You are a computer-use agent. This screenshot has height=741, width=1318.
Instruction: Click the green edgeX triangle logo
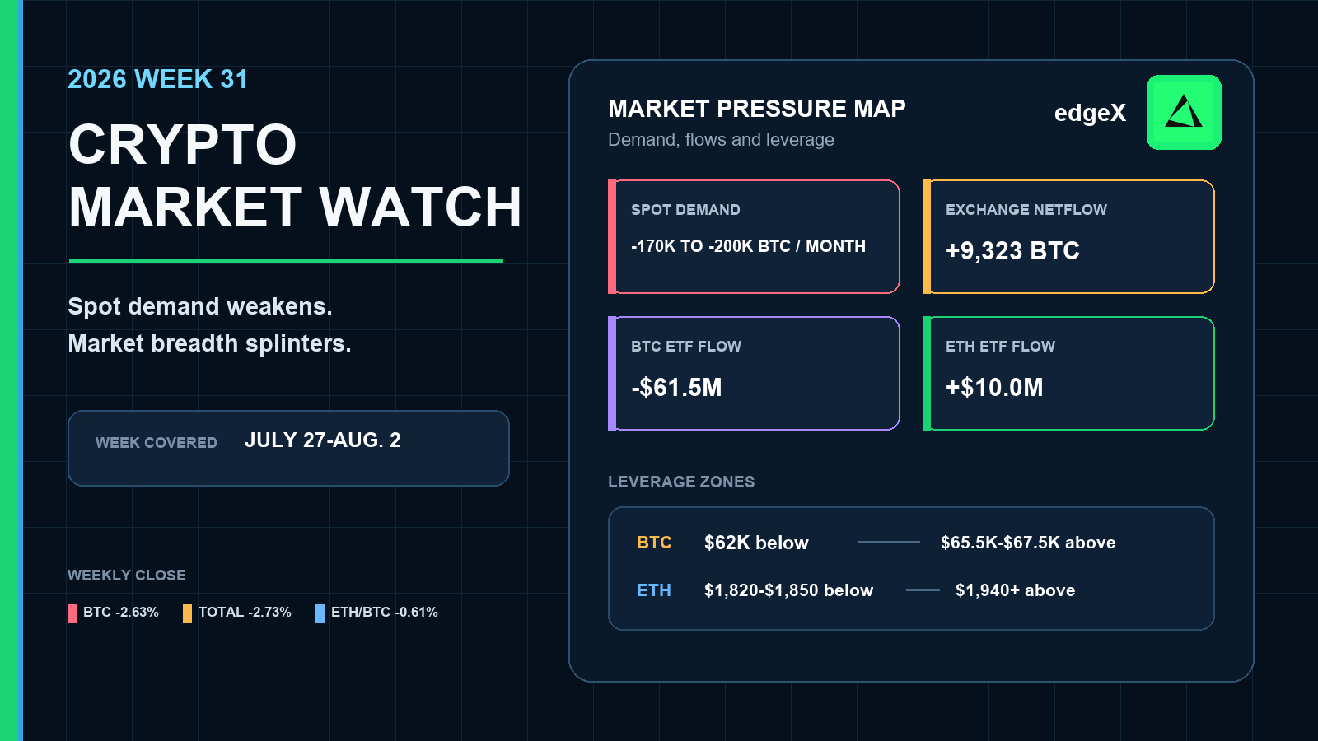(1184, 112)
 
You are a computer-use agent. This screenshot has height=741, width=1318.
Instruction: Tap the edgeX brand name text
(1090, 113)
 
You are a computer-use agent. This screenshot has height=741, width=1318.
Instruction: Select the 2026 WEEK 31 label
(157, 79)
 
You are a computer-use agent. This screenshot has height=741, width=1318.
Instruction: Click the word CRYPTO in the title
(182, 145)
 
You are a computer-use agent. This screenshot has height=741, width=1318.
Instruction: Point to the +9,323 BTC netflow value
(1012, 250)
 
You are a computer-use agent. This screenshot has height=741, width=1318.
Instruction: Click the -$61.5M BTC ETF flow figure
(676, 388)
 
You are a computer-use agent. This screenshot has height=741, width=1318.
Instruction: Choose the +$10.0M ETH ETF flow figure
(994, 388)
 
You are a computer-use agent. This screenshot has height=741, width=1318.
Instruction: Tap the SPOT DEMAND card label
(685, 210)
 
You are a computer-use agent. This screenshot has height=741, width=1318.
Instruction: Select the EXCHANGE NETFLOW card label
(1026, 210)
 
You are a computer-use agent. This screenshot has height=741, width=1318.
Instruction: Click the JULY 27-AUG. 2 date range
(322, 440)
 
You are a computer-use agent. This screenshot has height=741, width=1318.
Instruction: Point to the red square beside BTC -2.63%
(72, 613)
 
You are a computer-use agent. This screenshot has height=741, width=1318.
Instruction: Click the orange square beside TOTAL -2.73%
(187, 613)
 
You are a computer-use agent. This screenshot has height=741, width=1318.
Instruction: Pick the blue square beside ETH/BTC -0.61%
(320, 613)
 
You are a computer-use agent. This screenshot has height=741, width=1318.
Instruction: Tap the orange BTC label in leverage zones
(654, 543)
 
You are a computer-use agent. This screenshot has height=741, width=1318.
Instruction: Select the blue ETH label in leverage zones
(654, 590)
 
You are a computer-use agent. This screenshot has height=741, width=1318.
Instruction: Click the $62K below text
(756, 543)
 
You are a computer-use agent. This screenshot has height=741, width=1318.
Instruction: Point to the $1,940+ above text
(1015, 590)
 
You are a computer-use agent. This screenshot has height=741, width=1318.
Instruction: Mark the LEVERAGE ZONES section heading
(681, 482)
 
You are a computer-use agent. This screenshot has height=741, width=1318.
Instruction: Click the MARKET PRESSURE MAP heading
(757, 109)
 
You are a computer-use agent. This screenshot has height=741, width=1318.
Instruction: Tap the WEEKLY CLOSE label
(127, 576)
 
